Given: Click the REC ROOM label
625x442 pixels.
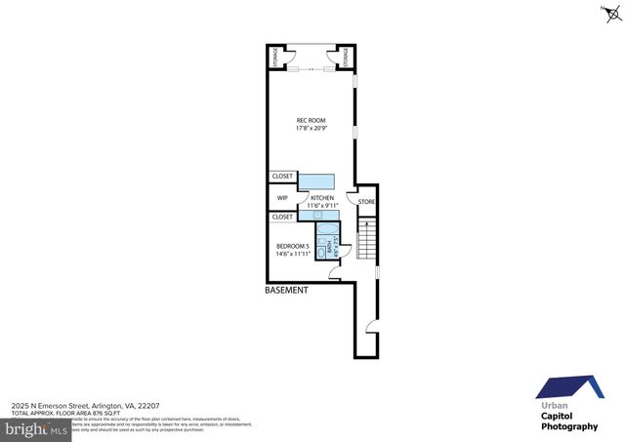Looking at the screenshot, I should [311, 120].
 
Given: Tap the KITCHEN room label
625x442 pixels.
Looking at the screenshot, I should [322, 197].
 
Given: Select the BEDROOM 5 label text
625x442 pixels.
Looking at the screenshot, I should [293, 246].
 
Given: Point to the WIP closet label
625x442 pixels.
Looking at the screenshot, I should [282, 197].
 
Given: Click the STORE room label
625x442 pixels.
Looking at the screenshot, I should [366, 202].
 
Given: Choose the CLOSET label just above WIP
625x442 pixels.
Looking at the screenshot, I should [282, 177].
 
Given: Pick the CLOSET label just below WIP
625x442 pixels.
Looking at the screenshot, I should [282, 217].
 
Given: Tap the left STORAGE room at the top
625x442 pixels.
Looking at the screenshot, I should [277, 58].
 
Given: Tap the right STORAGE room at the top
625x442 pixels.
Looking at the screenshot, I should [345, 58].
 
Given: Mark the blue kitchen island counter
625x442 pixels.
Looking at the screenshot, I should [315, 181].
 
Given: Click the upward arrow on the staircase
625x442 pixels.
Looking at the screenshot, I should [367, 229].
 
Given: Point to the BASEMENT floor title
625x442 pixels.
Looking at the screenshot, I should [287, 291].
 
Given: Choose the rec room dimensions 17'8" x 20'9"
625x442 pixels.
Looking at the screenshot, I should [311, 129].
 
